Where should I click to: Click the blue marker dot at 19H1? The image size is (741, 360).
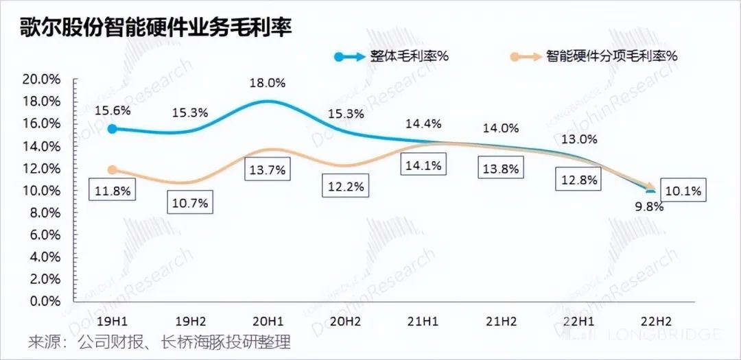113,128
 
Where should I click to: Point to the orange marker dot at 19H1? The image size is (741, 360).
113,169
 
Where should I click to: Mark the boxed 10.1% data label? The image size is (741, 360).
683,192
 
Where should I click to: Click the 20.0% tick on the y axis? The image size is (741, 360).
42,79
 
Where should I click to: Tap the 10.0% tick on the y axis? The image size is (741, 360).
42,190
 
